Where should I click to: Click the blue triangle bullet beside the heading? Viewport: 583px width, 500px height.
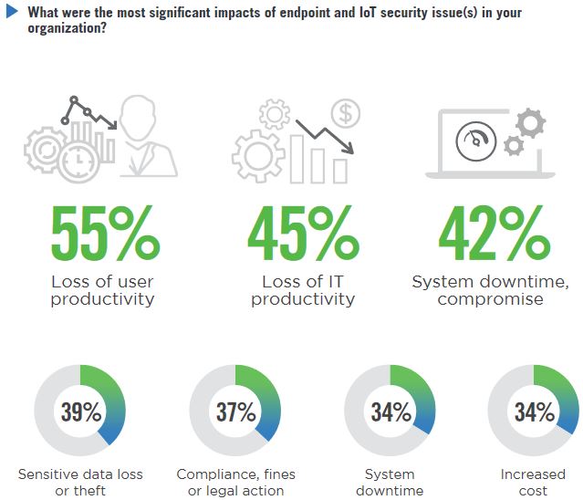(12, 12)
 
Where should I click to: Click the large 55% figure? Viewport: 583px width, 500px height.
(106, 233)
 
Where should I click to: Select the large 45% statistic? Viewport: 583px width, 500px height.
(304, 233)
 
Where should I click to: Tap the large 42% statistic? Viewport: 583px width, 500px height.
(495, 233)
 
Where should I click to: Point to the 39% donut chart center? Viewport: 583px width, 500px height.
(80, 411)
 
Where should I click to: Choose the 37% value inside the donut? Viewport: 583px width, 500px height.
(236, 411)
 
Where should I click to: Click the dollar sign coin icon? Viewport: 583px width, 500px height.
(346, 113)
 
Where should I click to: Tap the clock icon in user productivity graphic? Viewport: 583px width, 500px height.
(78, 162)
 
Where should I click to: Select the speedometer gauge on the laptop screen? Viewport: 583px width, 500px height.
(476, 141)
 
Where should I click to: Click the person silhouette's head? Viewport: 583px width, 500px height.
(137, 118)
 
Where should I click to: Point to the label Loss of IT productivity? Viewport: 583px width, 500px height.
(303, 290)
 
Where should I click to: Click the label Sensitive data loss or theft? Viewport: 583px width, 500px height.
(80, 483)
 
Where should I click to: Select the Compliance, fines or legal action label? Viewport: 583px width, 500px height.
(236, 483)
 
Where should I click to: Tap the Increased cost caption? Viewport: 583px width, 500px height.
(533, 483)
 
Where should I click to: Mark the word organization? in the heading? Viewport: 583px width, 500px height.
(68, 28)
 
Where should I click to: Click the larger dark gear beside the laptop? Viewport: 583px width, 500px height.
(531, 123)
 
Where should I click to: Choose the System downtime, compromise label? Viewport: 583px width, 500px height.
(491, 290)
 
